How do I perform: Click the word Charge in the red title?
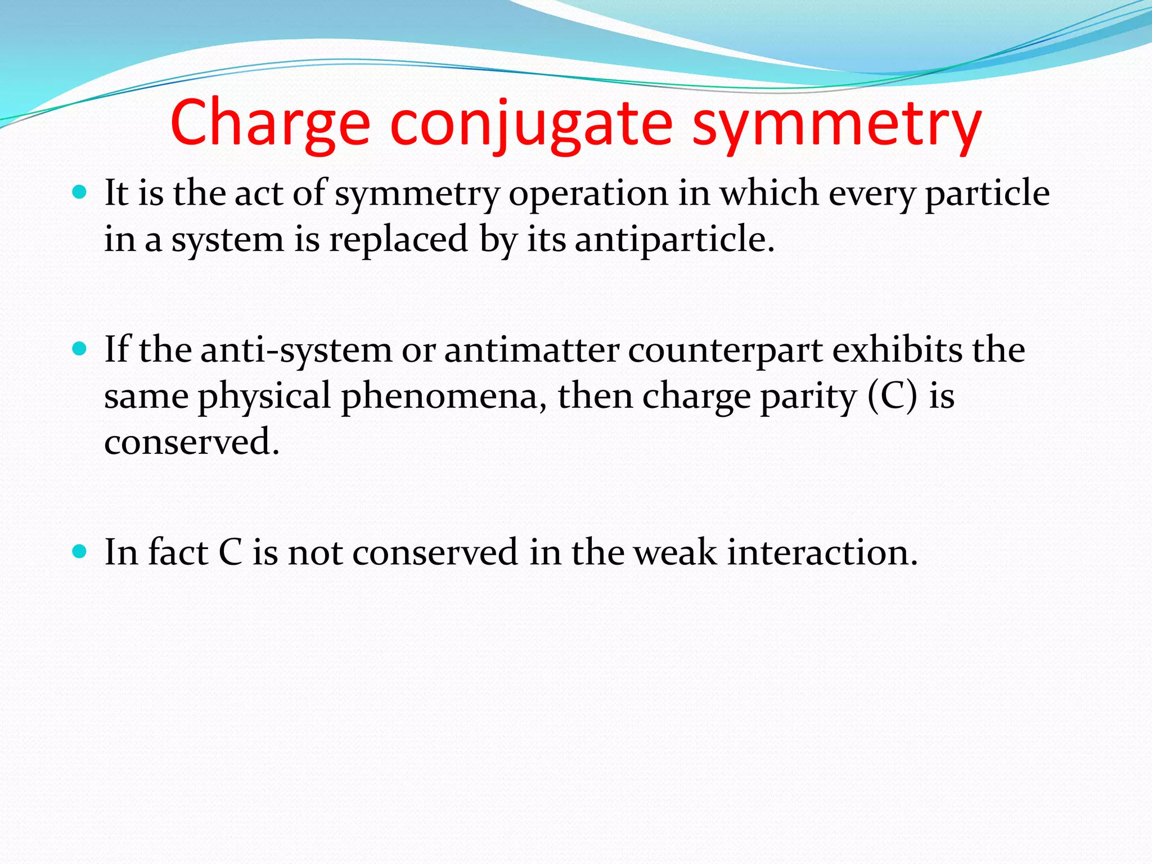(270, 123)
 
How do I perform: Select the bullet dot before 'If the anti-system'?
(80, 349)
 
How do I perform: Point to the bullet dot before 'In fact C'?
(80, 552)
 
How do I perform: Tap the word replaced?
(398, 239)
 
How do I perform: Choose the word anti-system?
(296, 350)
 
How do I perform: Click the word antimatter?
(531, 350)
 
